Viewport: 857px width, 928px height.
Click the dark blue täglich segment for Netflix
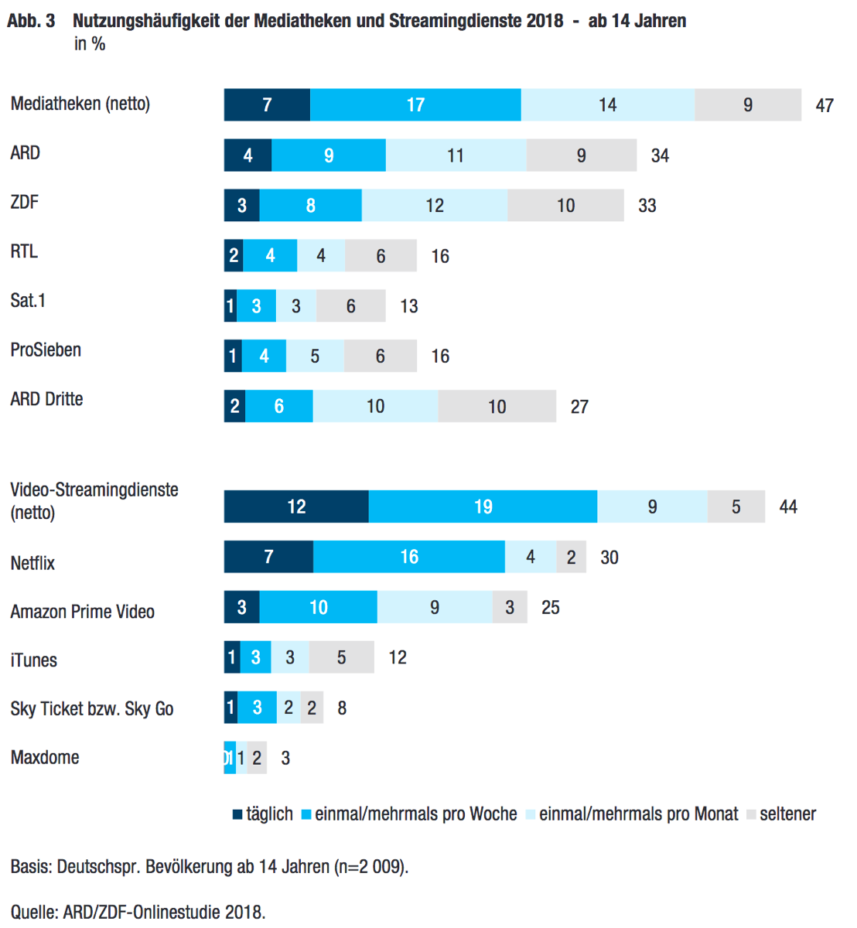click(268, 557)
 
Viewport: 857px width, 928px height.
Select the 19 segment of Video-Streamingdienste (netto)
click(483, 507)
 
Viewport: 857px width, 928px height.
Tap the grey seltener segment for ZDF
click(565, 206)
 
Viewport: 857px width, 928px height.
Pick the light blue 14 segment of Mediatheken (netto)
click(607, 105)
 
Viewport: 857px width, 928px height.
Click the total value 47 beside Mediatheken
click(825, 106)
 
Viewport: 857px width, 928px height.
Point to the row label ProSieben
click(46, 350)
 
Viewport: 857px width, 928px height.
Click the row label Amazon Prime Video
click(82, 612)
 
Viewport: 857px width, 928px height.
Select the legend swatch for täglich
click(238, 814)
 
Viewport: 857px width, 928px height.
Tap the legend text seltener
click(787, 814)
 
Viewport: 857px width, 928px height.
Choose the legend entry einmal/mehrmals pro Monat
click(638, 814)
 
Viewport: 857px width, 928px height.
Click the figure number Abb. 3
click(31, 21)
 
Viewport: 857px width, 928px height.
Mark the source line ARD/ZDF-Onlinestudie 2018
click(164, 912)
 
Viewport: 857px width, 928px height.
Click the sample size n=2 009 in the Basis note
click(370, 867)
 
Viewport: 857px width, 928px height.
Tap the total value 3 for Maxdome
click(285, 759)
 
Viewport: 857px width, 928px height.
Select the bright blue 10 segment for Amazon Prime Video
click(318, 608)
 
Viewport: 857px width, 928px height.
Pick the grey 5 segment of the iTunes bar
click(341, 658)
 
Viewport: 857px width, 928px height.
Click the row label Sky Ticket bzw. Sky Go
click(91, 709)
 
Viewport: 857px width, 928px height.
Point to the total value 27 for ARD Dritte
click(579, 408)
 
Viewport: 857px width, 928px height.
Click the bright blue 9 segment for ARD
click(329, 155)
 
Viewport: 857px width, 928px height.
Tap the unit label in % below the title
click(90, 44)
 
